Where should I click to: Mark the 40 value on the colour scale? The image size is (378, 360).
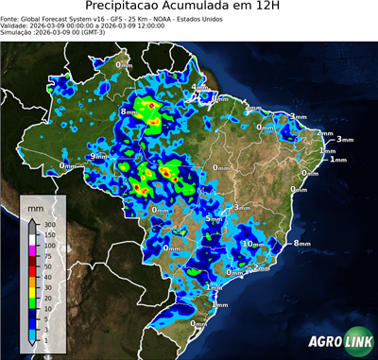pyautogui.click(x=45, y=277)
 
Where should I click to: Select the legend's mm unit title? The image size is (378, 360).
pyautogui.click(x=35, y=205)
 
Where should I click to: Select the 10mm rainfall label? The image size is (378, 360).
pyautogui.click(x=253, y=243)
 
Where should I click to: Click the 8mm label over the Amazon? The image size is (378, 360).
pyautogui.click(x=129, y=112)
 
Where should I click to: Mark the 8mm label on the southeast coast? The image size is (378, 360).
pyautogui.click(x=301, y=243)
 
